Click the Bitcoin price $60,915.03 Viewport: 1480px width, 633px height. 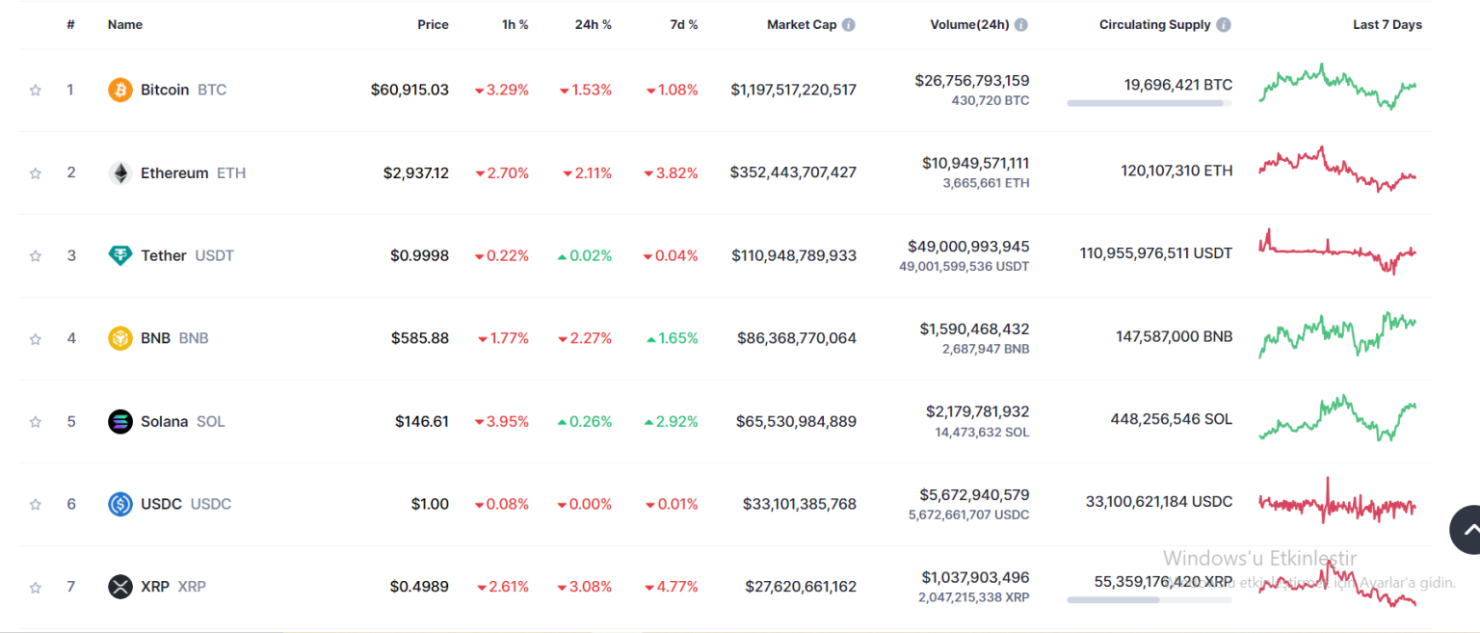click(410, 90)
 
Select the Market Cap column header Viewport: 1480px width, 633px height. click(801, 25)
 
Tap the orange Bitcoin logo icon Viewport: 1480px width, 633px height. click(120, 90)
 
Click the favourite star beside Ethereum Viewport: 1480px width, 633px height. click(36, 173)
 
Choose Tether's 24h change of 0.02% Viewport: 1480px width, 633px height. click(585, 256)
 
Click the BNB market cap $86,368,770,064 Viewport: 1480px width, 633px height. click(796, 338)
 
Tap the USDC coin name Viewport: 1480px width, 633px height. click(161, 504)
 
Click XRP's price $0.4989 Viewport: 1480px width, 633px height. click(419, 587)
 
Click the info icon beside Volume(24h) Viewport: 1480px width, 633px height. click(1020, 25)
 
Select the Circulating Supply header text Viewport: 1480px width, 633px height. click(1154, 25)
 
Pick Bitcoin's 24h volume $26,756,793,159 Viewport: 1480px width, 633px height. click(971, 81)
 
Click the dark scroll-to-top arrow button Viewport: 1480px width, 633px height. click(1469, 529)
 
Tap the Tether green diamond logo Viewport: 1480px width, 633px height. click(120, 256)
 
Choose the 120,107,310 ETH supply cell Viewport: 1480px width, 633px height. click(1176, 171)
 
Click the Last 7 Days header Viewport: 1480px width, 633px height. click(1387, 25)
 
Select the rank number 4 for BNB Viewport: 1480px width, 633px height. click(71, 338)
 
